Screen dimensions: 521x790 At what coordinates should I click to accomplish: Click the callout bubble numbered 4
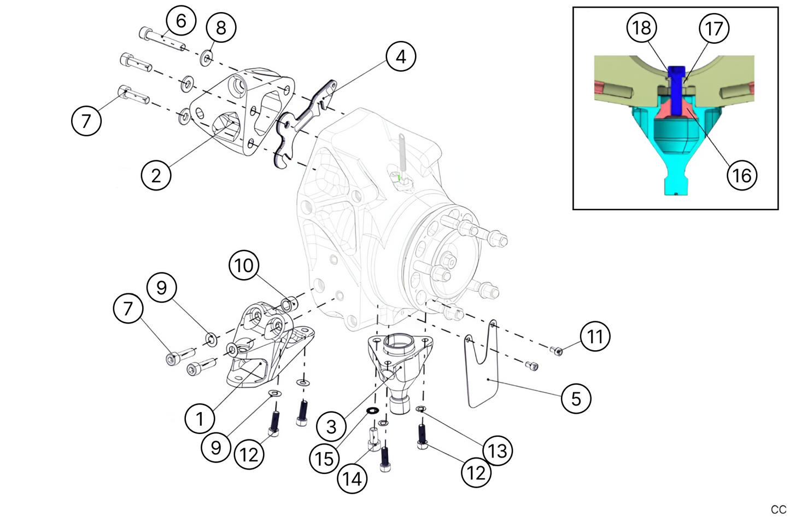401,56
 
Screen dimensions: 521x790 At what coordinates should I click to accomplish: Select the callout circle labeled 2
156,176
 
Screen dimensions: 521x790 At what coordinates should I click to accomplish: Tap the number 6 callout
181,21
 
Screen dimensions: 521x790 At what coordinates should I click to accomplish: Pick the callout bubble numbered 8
221,27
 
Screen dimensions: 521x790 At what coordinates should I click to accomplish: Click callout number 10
244,265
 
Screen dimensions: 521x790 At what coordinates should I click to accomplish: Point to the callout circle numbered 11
595,336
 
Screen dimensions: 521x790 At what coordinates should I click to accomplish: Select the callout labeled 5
576,398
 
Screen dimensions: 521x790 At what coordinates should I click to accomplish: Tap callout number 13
498,451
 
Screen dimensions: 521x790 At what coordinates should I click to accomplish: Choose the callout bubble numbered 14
352,479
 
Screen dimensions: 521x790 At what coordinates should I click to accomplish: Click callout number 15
324,458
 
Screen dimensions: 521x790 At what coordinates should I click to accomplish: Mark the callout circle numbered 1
200,419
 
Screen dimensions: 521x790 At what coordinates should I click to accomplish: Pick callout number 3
331,426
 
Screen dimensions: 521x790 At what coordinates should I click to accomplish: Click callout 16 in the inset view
741,175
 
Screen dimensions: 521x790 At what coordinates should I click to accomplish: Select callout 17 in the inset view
715,28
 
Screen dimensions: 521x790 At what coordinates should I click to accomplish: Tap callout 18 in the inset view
642,27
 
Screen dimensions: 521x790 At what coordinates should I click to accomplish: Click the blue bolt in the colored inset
677,88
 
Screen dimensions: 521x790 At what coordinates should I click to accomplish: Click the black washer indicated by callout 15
373,410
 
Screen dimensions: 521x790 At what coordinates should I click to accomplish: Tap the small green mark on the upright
400,177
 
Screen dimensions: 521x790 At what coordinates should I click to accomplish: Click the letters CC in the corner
778,510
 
